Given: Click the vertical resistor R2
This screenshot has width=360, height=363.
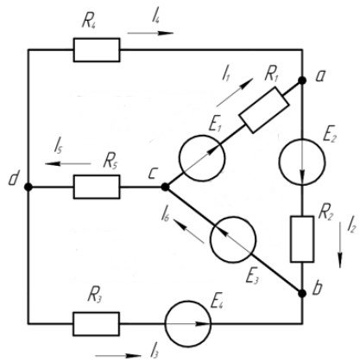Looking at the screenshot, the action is point(302,239).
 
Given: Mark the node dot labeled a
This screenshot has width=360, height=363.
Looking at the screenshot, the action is point(302,80).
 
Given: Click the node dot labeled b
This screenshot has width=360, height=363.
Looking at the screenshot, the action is point(302,293).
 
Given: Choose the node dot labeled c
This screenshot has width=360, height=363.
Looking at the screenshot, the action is point(165,187).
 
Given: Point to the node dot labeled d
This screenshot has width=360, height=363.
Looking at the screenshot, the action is point(28,187).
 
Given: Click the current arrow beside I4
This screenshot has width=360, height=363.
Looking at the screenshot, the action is point(150,33).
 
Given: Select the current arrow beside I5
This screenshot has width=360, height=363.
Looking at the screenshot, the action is point(68,163).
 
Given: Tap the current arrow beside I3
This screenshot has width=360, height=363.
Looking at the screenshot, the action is point(118,356).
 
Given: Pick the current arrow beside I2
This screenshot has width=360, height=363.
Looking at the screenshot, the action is point(340,245).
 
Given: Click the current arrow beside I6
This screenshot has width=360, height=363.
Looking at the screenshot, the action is point(188,230).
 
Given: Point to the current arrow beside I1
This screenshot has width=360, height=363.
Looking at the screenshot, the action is point(235,92).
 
